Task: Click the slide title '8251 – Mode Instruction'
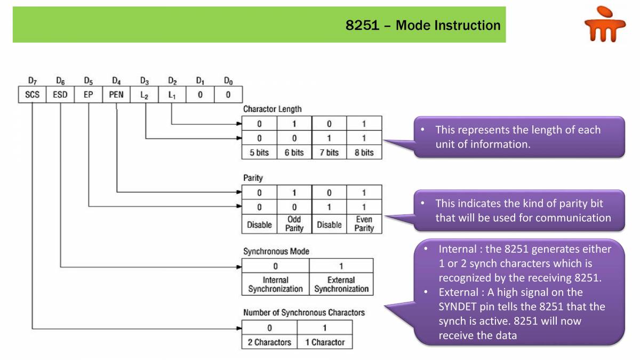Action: pos(423,25)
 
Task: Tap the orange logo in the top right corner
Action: pos(604,24)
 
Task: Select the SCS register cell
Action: pos(32,94)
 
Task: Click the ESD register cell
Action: pos(60,94)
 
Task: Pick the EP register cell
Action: pos(88,94)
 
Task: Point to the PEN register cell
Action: pos(116,94)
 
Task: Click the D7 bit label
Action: pos(32,81)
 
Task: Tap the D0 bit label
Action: pos(228,81)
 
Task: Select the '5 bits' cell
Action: pos(259,152)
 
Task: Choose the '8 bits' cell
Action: pos(364,152)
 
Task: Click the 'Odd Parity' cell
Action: pos(294,224)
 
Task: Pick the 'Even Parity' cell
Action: pos(364,224)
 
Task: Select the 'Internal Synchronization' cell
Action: pos(275,284)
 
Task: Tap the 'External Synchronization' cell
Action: pos(341,284)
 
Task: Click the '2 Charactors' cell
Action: pos(269,342)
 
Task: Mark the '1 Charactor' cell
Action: pos(325,342)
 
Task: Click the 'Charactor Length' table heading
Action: pos(272,109)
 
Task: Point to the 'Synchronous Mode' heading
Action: pos(276,251)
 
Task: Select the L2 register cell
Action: pos(144,94)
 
